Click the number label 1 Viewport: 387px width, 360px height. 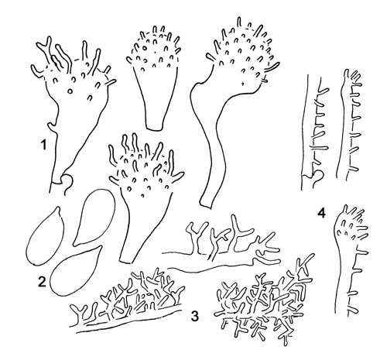[x=44, y=145]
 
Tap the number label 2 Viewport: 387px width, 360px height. [x=42, y=281]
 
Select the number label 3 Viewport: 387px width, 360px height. [x=194, y=316]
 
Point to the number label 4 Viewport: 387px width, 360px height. [x=321, y=213]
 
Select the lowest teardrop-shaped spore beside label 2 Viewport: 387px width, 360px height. [x=76, y=270]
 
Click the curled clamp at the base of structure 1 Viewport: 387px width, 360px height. [x=67, y=183]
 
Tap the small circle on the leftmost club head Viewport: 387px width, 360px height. [x=69, y=91]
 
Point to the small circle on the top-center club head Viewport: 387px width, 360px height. [x=145, y=48]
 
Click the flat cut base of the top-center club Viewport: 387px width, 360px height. [x=155, y=127]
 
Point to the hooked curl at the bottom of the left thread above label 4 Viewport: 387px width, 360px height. [x=317, y=177]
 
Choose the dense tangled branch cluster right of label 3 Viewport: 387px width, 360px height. [x=265, y=300]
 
